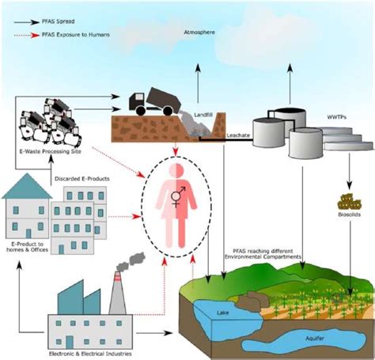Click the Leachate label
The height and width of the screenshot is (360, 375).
pos(238,135)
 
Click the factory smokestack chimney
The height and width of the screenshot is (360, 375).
pos(117,300)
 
